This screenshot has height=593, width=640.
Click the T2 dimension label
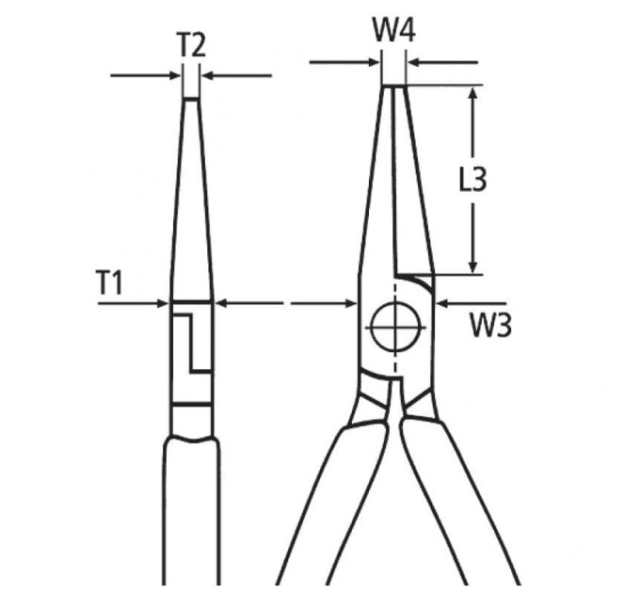pyautogui.click(x=191, y=44)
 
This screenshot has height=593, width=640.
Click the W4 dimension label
pyautogui.click(x=394, y=30)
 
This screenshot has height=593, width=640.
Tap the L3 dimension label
pyautogui.click(x=473, y=179)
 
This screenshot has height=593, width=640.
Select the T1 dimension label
pyautogui.click(x=109, y=282)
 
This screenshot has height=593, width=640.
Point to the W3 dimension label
pyautogui.click(x=490, y=325)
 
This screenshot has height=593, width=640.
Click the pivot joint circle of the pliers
pyautogui.click(x=395, y=327)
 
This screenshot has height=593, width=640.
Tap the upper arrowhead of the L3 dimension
pyautogui.click(x=473, y=93)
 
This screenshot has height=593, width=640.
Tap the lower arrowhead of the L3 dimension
pyautogui.click(x=473, y=266)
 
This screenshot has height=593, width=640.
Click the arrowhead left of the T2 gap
pyautogui.click(x=175, y=75)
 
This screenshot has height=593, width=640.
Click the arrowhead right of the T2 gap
pyautogui.click(x=209, y=75)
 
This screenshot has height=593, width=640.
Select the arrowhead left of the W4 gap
pyautogui.click(x=375, y=62)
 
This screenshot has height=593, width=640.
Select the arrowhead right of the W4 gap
pyautogui.click(x=414, y=62)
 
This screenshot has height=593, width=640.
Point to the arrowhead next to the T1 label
pyautogui.click(x=163, y=303)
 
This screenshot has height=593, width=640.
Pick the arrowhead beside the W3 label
pyautogui.click(x=442, y=303)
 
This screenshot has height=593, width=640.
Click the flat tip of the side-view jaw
pyautogui.click(x=191, y=98)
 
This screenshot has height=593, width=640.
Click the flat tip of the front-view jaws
pyautogui.click(x=393, y=86)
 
